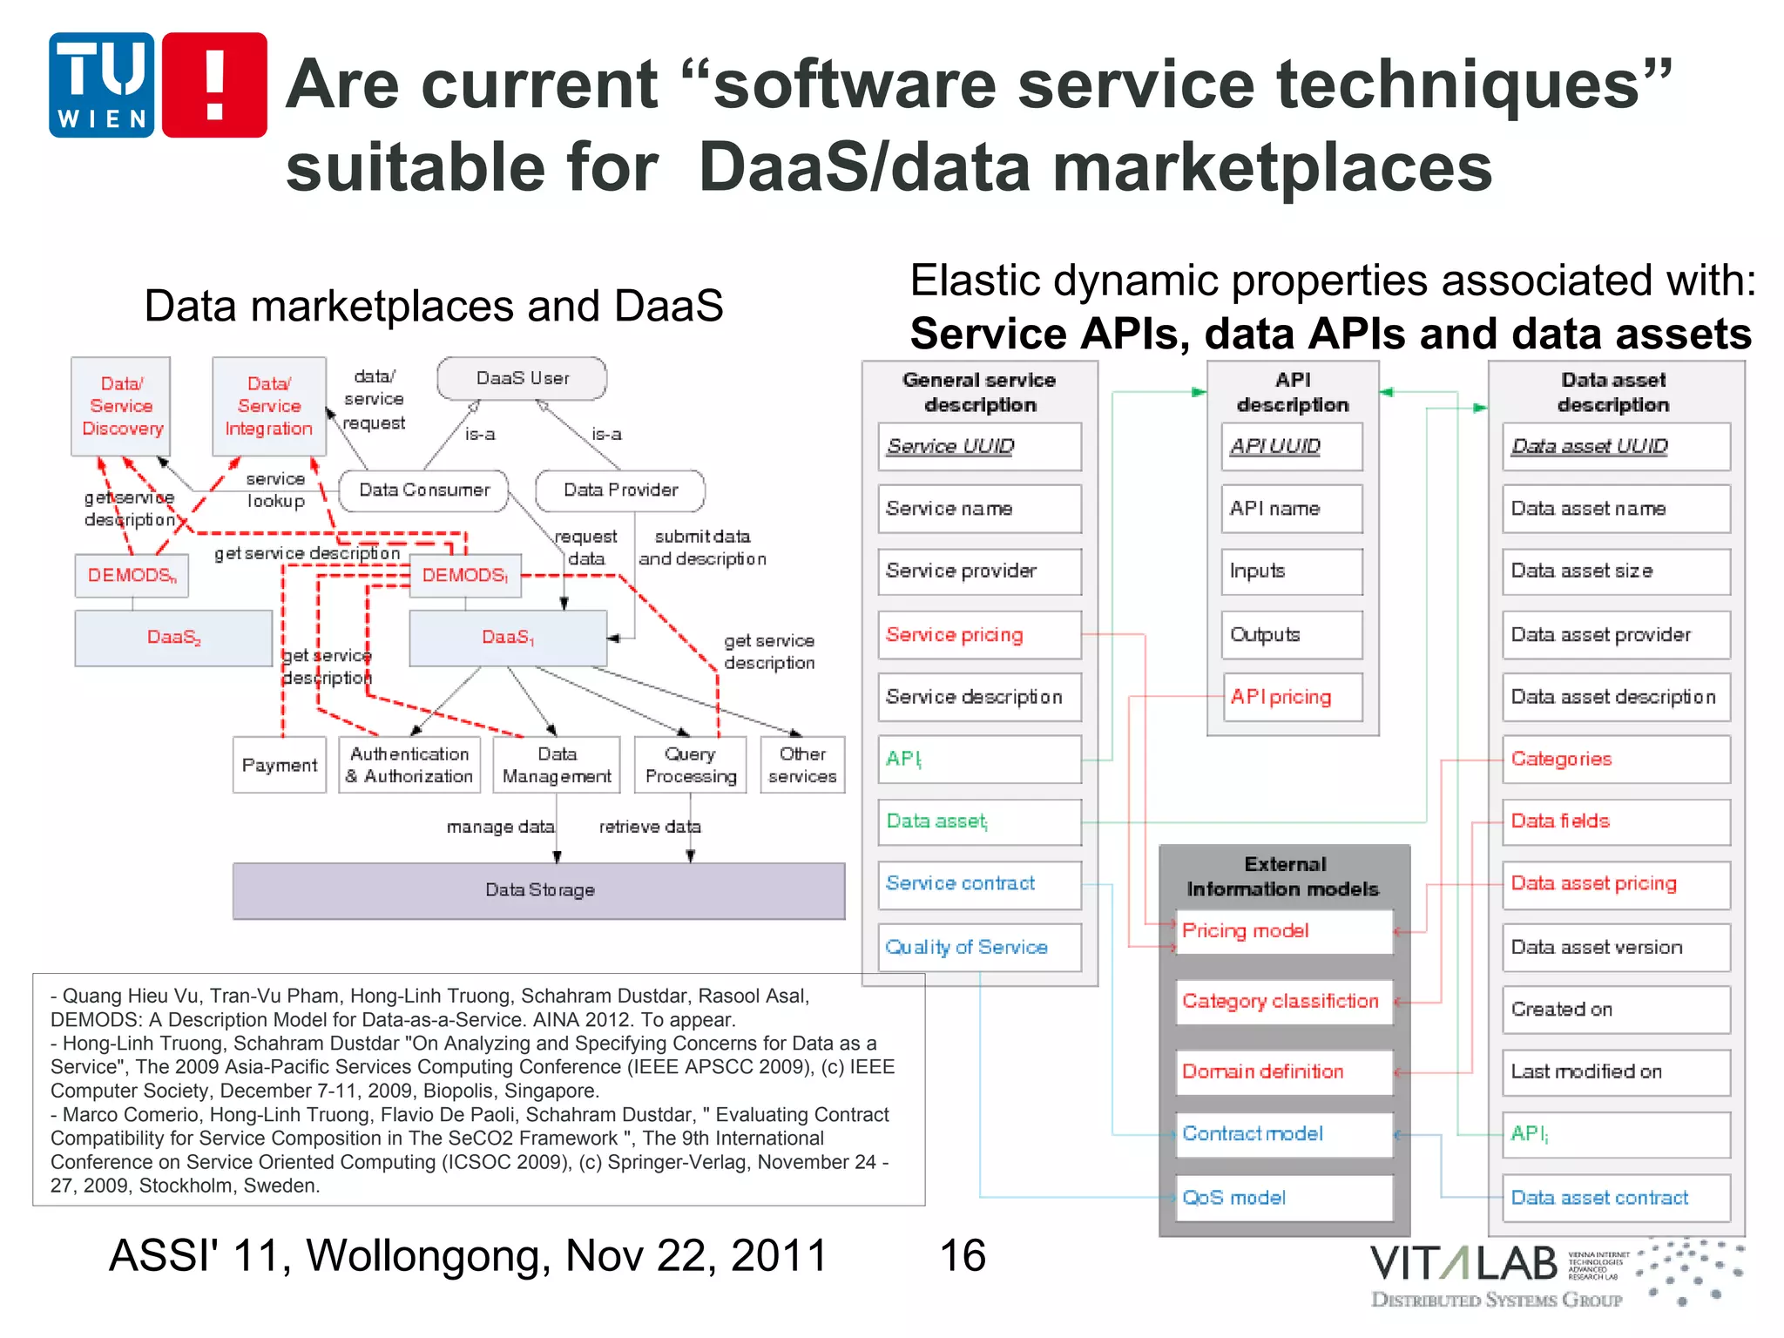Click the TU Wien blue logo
tap(102, 85)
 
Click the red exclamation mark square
tap(214, 85)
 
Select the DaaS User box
tap(522, 379)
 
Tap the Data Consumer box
tap(424, 490)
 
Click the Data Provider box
tap(620, 490)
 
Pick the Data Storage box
tap(539, 890)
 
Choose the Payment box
tap(280, 765)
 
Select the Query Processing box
tap(691, 765)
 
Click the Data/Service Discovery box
tap(121, 406)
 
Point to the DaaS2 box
tap(173, 638)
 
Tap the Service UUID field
tap(979, 447)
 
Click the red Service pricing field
tap(979, 635)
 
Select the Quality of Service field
tap(979, 948)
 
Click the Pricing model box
tap(1284, 931)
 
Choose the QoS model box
tap(1284, 1198)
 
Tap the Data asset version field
tap(1616, 948)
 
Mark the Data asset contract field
tap(1616, 1198)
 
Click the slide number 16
tap(963, 1256)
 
